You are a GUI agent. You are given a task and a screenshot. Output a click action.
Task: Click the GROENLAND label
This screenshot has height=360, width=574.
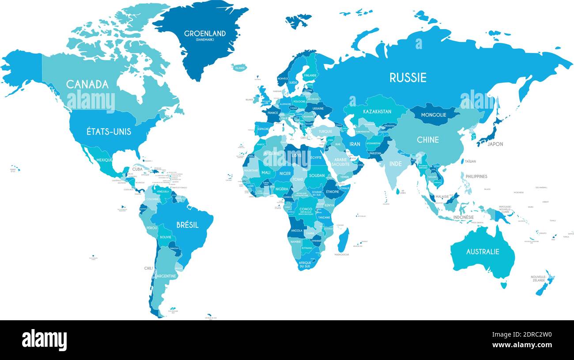tap(205, 34)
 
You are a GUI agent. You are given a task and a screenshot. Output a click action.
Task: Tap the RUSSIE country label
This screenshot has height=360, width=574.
tap(408, 78)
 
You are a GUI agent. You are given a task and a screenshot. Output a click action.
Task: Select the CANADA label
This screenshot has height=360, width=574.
tap(87, 84)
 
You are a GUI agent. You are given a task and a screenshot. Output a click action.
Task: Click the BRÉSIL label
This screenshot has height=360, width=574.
tap(187, 225)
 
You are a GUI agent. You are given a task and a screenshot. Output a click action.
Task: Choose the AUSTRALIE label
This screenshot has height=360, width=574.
tap(483, 251)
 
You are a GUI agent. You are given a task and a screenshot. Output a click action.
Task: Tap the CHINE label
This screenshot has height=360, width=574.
tap(428, 140)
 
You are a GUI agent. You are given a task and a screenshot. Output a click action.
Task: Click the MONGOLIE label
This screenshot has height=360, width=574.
tap(434, 115)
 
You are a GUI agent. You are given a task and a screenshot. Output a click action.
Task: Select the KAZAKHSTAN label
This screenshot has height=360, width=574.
tap(377, 112)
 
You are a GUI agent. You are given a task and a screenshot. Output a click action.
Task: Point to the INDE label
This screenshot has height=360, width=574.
tap(396, 163)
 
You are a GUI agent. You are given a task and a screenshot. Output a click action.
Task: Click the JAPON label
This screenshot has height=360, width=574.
tap(495, 144)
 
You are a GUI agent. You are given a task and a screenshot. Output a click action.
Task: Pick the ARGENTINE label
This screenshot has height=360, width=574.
tap(166, 276)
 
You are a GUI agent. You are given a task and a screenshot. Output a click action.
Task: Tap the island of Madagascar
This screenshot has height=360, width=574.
tap(343, 240)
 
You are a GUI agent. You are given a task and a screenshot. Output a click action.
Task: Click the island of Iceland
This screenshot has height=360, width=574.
tap(239, 68)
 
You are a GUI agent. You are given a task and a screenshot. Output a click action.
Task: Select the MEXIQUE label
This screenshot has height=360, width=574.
tap(104, 159)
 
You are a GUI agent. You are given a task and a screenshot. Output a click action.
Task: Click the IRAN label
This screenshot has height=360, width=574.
tap(355, 144)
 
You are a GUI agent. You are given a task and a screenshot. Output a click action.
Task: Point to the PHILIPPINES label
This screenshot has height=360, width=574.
tap(476, 176)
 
